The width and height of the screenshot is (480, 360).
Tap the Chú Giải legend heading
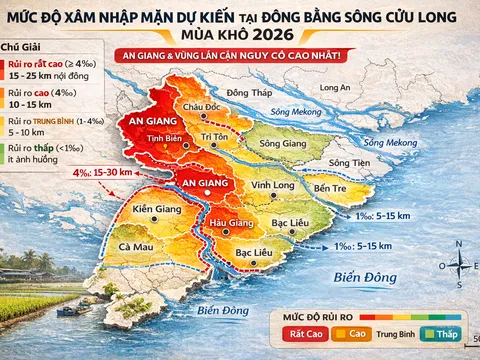[x=22, y=47]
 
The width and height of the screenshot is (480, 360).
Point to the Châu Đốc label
[x=201, y=105]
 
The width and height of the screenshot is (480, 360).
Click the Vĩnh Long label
[x=272, y=186]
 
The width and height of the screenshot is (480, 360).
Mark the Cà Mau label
[x=136, y=246]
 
